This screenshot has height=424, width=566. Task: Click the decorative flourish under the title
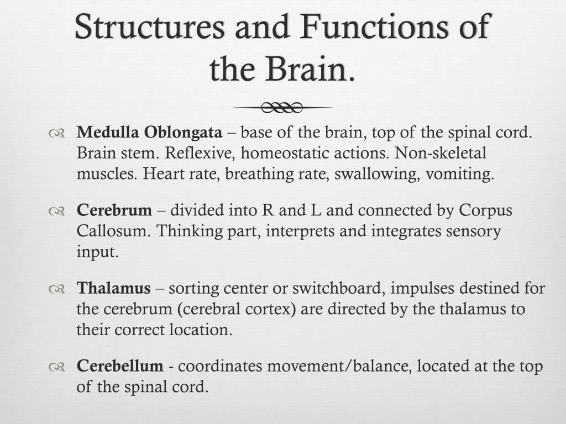click(282, 107)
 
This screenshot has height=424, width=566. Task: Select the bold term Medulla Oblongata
click(149, 133)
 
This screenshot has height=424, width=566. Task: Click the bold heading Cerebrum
click(114, 210)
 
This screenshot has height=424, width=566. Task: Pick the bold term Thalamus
click(113, 288)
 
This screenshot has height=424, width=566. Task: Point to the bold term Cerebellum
click(120, 366)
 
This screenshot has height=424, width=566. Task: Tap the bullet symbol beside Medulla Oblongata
click(57, 133)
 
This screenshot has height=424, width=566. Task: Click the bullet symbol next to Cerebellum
click(57, 366)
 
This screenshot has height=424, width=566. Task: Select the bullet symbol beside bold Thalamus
click(57, 288)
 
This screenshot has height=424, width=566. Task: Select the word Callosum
click(112, 231)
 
